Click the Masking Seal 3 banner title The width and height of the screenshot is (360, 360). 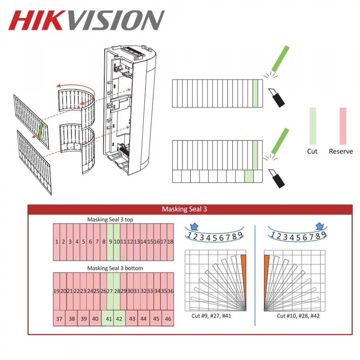click(184, 209)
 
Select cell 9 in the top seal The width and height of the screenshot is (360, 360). click(110, 242)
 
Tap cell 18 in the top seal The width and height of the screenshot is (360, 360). click(170, 242)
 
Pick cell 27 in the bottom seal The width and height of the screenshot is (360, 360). click(110, 291)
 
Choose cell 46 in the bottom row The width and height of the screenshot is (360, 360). click(168, 318)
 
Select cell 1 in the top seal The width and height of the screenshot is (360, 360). click(57, 242)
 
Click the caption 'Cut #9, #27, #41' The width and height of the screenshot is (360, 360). click(211, 316)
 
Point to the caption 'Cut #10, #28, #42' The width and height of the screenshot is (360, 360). click(298, 316)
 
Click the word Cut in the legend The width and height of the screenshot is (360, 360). click(312, 151)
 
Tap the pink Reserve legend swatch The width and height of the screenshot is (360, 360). click(343, 126)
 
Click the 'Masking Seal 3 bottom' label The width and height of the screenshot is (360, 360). click(115, 268)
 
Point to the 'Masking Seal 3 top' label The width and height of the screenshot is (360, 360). click(110, 220)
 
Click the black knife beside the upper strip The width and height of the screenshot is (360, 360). click(277, 98)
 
